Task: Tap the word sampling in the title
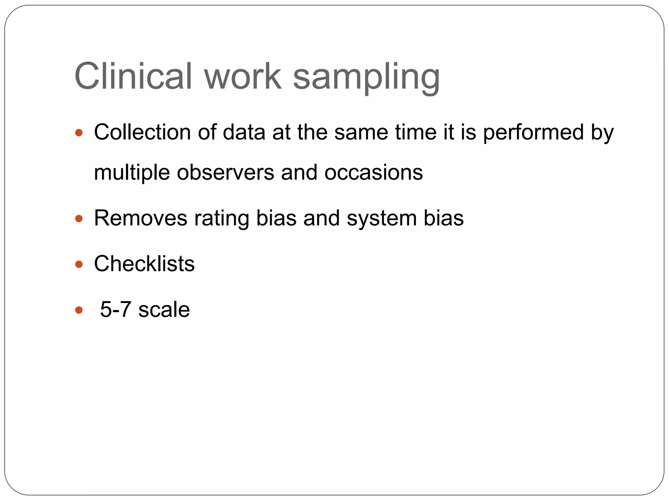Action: (x=366, y=78)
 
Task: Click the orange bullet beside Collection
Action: (x=79, y=132)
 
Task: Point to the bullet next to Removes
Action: (x=79, y=218)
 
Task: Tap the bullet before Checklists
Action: (x=79, y=264)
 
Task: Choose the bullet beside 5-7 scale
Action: (x=79, y=310)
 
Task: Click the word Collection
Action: (x=142, y=132)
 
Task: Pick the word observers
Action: (x=225, y=173)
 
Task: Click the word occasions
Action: (x=373, y=173)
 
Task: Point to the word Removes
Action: (x=140, y=218)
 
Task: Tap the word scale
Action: (x=164, y=310)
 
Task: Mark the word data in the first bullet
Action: (x=244, y=132)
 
